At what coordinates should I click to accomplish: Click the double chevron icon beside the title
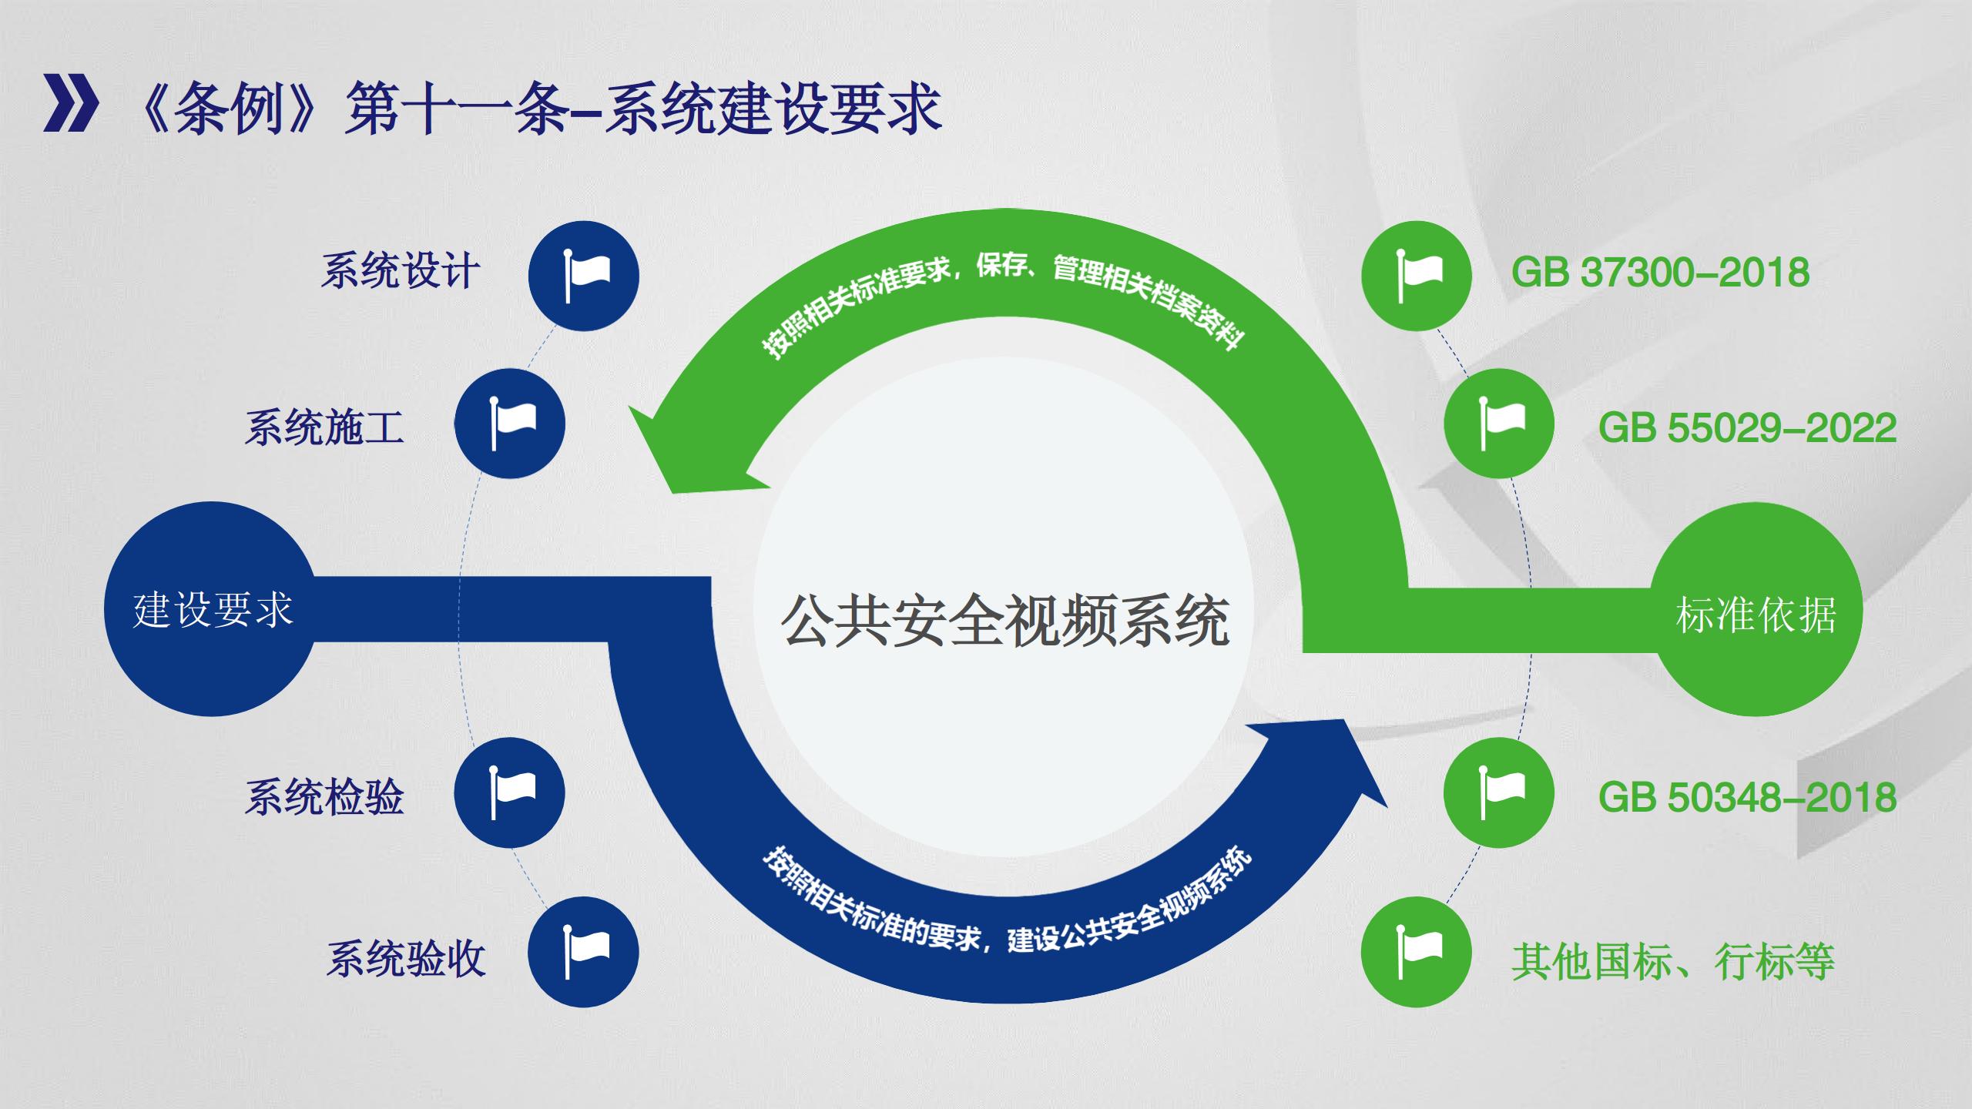pos(71,103)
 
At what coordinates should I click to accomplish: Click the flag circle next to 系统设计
pos(583,276)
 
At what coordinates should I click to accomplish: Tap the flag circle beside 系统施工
pos(509,424)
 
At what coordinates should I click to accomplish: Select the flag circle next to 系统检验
pos(509,793)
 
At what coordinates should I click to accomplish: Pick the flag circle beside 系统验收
pos(583,952)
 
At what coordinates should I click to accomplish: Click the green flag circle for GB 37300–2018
pos(1417,276)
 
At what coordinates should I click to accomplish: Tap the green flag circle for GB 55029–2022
pos(1499,424)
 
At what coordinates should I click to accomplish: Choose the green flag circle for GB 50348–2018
pos(1499,793)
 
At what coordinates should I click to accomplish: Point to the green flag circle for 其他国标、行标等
pos(1417,952)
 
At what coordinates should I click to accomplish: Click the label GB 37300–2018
pos(1660,273)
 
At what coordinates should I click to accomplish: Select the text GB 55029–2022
pos(1747,428)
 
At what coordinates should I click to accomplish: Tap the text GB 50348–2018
pos(1747,797)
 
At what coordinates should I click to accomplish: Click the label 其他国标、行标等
pos(1672,961)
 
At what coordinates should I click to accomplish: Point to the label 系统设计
pos(400,271)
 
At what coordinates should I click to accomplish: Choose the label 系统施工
pos(324,428)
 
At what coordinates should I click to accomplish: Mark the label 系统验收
pos(406,960)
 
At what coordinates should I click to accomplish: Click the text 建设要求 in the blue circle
pos(213,611)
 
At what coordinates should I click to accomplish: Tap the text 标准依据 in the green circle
pos(1756,615)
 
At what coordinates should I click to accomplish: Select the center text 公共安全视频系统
pos(1004,621)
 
